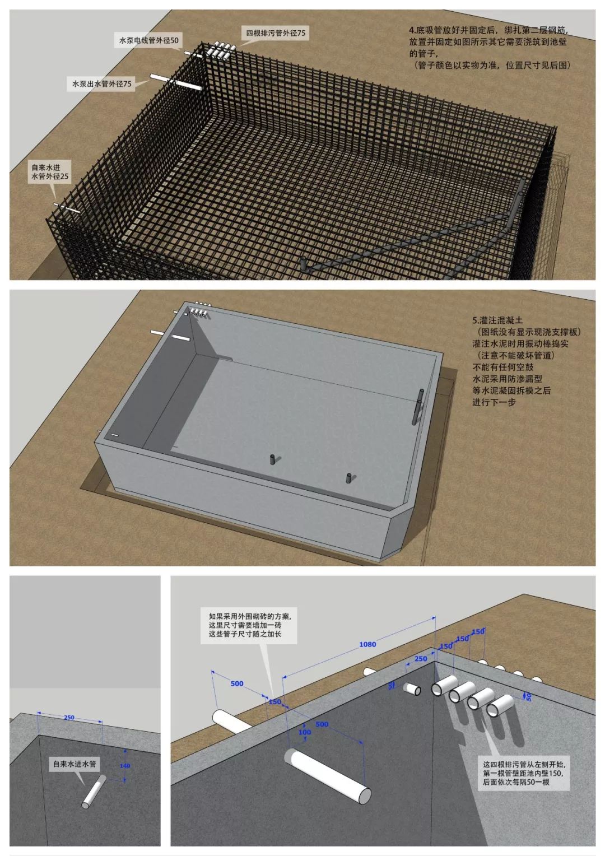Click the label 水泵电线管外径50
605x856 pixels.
coord(148,41)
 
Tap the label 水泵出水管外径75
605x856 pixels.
coord(102,84)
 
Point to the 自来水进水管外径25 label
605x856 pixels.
coord(50,172)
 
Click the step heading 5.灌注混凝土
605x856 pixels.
coord(497,320)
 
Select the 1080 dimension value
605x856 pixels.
coord(367,644)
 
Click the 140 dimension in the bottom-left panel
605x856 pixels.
coord(125,766)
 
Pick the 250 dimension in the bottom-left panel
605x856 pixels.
coord(69,718)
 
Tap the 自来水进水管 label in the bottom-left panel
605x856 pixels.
coord(75,764)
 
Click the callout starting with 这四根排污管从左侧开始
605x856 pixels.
coord(524,773)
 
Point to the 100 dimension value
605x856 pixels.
coord(304,732)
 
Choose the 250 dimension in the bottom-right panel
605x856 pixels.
coord(420,659)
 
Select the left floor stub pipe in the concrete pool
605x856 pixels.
coord(273,459)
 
